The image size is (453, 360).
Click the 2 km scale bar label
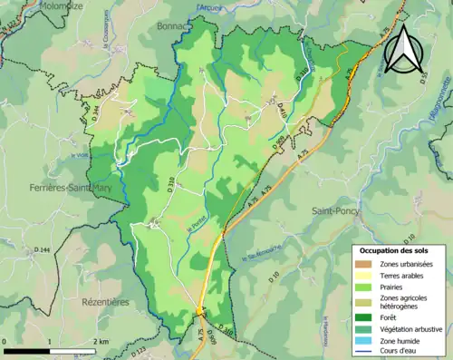pyautogui.click(x=103, y=342)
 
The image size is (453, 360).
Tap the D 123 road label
pyautogui.click(x=139, y=349)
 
